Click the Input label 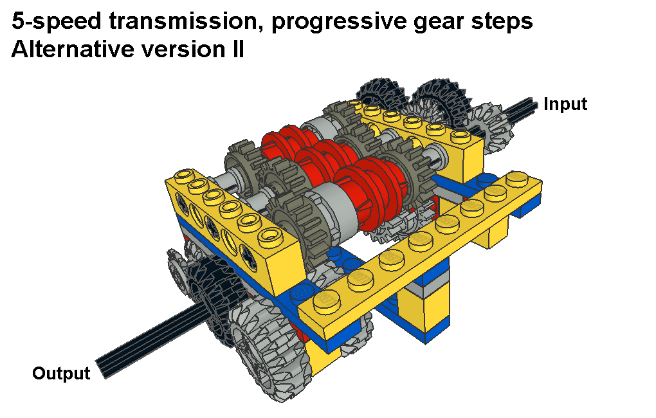point(565,105)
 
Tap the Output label point(61,374)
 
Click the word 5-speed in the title point(57,21)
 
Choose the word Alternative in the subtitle point(72,49)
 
